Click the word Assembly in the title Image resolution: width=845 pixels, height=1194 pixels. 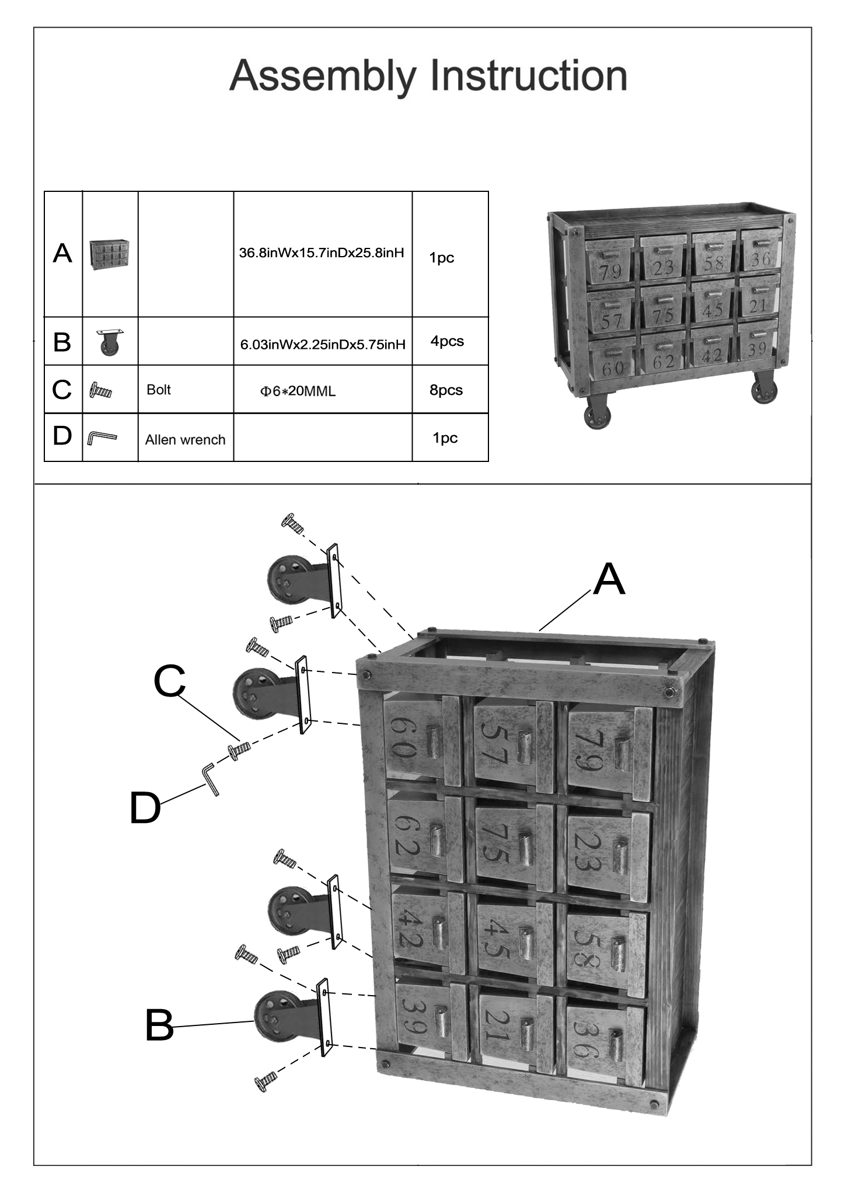(323, 76)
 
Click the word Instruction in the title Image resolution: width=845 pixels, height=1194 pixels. (528, 76)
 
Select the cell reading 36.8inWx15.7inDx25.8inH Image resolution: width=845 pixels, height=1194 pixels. (322, 253)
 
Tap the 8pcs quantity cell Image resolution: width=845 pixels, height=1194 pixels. (446, 390)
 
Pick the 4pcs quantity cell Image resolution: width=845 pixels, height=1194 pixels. (447, 341)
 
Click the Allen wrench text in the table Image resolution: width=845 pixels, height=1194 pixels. (185, 440)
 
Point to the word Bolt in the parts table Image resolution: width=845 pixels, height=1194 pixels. (159, 390)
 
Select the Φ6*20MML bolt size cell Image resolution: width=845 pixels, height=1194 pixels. (298, 391)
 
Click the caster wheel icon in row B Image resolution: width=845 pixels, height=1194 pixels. (110, 342)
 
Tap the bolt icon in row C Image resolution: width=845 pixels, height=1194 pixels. (100, 390)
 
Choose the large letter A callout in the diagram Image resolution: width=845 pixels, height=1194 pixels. (609, 580)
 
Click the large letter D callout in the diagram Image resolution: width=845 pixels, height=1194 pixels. (145, 808)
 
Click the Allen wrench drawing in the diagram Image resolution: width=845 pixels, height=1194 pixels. (211, 779)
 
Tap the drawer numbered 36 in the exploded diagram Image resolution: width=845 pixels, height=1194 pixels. (606, 1043)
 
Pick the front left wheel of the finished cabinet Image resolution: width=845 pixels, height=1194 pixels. (597, 412)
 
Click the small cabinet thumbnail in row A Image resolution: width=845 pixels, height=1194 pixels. (110, 254)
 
